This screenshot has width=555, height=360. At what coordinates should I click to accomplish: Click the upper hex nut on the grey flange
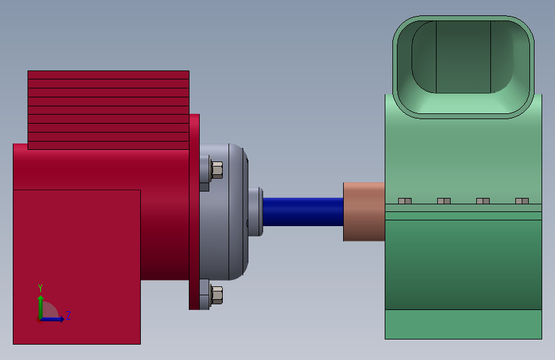click(x=216, y=170)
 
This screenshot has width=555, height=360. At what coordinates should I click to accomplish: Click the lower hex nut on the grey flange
click(x=216, y=295)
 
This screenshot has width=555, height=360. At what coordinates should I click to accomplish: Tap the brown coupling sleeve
click(x=364, y=212)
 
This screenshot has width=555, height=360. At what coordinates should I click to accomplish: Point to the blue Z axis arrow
click(x=54, y=318)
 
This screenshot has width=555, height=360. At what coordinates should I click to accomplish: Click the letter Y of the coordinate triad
click(x=40, y=288)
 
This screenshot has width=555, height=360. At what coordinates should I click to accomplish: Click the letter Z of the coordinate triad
click(x=68, y=315)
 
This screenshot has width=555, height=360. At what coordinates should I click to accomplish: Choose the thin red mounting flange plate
click(x=194, y=211)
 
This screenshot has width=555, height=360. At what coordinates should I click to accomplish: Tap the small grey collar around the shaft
click(x=255, y=212)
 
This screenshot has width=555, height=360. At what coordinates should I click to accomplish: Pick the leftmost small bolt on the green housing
click(x=405, y=201)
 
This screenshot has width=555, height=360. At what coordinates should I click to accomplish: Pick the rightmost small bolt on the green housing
click(x=522, y=201)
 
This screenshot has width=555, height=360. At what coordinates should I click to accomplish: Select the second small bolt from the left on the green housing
click(x=444, y=201)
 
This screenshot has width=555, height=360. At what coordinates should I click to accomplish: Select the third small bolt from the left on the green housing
click(x=483, y=201)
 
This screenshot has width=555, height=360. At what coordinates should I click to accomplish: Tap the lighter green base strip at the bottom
click(x=463, y=324)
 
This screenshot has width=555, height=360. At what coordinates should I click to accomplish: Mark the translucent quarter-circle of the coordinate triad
click(x=50, y=311)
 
